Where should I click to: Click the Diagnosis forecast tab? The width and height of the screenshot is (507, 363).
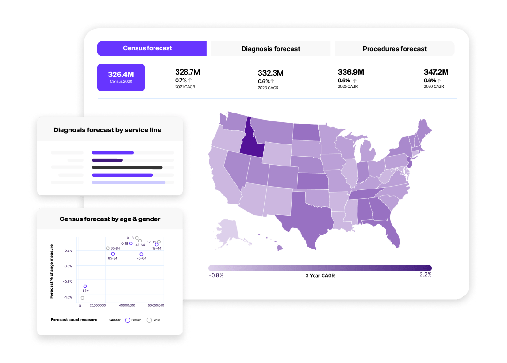(x=270, y=49)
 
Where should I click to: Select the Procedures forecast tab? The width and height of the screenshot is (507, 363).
(x=394, y=49)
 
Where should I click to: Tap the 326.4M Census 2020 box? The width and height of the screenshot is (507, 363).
(x=121, y=77)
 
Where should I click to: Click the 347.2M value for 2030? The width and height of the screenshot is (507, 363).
(x=436, y=72)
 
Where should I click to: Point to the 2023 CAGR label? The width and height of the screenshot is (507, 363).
(x=268, y=88)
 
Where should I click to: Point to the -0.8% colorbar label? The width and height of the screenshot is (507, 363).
(x=216, y=275)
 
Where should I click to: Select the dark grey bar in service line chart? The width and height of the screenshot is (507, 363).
(x=127, y=167)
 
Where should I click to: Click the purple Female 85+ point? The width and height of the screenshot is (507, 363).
(x=85, y=286)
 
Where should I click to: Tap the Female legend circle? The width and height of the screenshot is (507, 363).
(x=127, y=320)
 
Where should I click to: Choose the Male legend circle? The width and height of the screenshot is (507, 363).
(x=149, y=320)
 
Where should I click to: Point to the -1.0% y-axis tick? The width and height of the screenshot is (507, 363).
(x=68, y=297)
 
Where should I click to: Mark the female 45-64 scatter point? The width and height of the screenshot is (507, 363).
(x=141, y=254)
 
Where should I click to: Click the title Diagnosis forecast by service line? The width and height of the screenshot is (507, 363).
(x=108, y=130)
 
